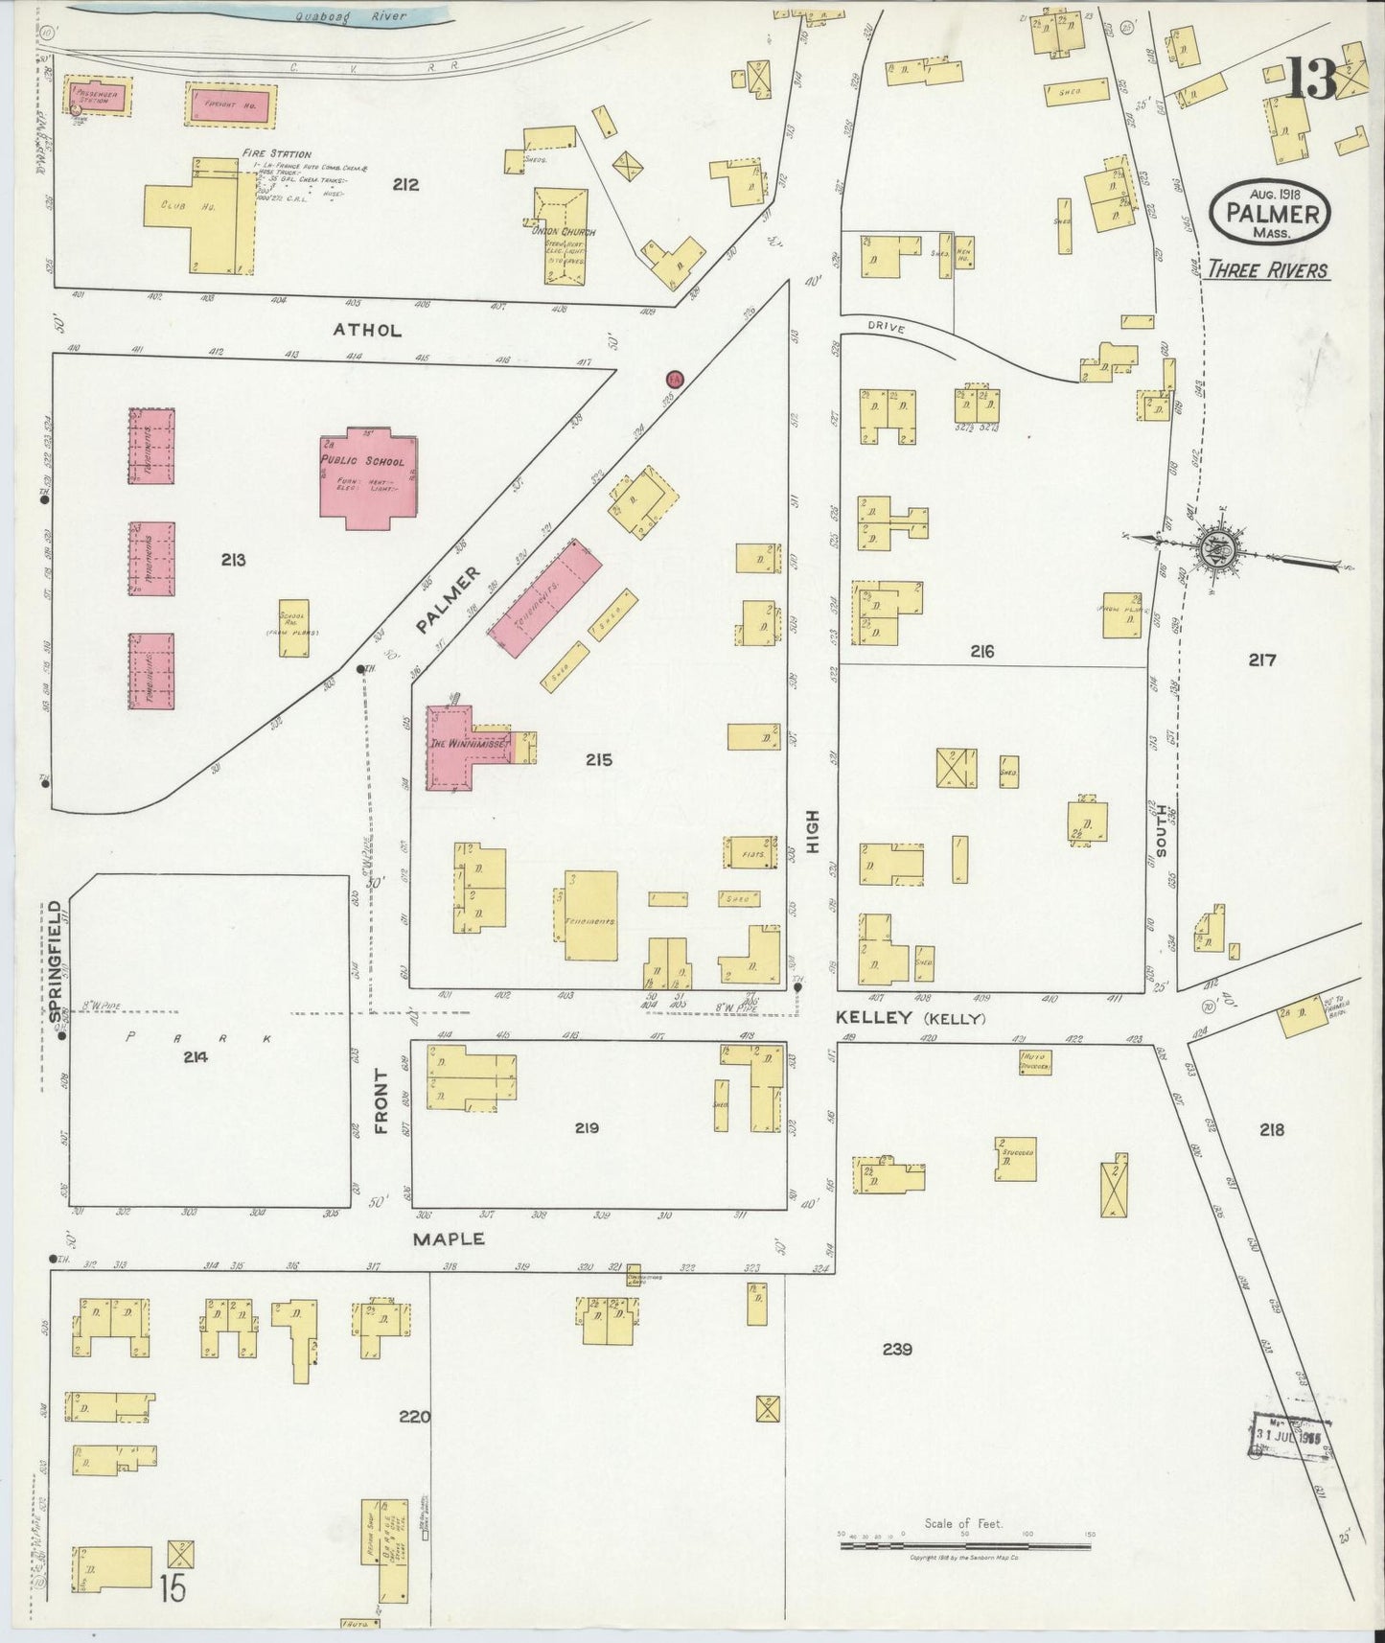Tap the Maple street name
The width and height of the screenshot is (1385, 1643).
tap(449, 1238)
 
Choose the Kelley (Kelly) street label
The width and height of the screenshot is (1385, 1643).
tap(911, 1018)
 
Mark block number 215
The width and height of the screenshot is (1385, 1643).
tap(598, 760)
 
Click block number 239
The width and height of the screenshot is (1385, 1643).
tap(897, 1349)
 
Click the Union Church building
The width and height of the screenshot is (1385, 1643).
tap(561, 235)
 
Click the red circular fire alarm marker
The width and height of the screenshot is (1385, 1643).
tap(675, 379)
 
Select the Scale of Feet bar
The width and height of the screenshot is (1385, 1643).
tap(963, 1543)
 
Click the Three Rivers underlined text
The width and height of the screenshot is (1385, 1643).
tap(1267, 269)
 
